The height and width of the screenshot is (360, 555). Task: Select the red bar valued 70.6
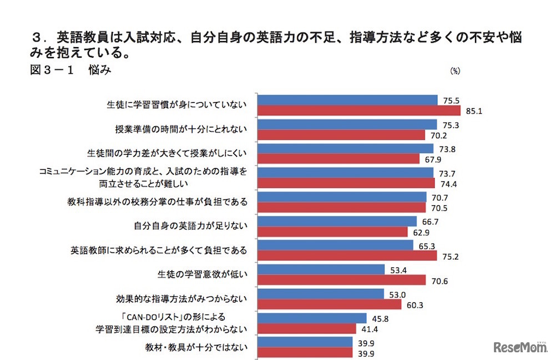coord(342,281)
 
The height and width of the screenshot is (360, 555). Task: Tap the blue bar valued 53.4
coord(321,270)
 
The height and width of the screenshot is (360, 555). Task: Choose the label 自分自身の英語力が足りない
coord(190,226)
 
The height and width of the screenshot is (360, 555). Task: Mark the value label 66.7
coord(428,221)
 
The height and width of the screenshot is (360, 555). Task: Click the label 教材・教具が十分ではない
coord(190,348)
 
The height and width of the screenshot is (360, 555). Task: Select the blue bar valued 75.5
coord(348,100)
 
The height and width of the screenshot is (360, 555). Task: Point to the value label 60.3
coord(413,305)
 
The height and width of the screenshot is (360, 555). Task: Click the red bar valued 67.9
coord(339,159)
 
